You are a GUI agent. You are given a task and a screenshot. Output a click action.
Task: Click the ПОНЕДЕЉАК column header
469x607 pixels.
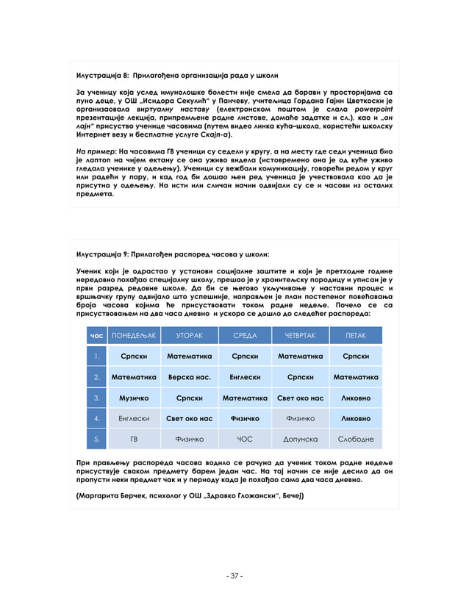click(x=134, y=336)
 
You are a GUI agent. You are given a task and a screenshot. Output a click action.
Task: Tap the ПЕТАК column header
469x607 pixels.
click(x=356, y=336)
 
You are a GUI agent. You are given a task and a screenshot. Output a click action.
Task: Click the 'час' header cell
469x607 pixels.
click(x=96, y=336)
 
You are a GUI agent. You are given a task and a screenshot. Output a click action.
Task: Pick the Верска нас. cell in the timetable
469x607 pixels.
click(x=189, y=377)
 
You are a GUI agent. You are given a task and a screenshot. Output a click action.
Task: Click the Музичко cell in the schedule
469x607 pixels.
click(x=134, y=398)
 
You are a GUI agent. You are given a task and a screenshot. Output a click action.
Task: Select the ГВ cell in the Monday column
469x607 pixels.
click(x=134, y=439)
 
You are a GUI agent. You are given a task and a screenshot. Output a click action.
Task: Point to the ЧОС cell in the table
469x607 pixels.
click(x=245, y=439)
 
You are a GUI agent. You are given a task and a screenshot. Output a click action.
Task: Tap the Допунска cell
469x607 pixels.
click(x=300, y=439)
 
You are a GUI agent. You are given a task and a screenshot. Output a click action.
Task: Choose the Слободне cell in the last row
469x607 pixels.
click(x=356, y=439)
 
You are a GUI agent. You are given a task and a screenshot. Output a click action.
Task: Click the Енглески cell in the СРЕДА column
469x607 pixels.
click(x=245, y=377)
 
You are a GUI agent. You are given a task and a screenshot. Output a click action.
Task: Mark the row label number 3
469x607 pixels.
click(x=96, y=398)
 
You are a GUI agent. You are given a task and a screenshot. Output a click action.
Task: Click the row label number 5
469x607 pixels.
click(x=96, y=439)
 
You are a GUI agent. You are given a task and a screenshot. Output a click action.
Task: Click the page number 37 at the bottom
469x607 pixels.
click(x=234, y=575)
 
